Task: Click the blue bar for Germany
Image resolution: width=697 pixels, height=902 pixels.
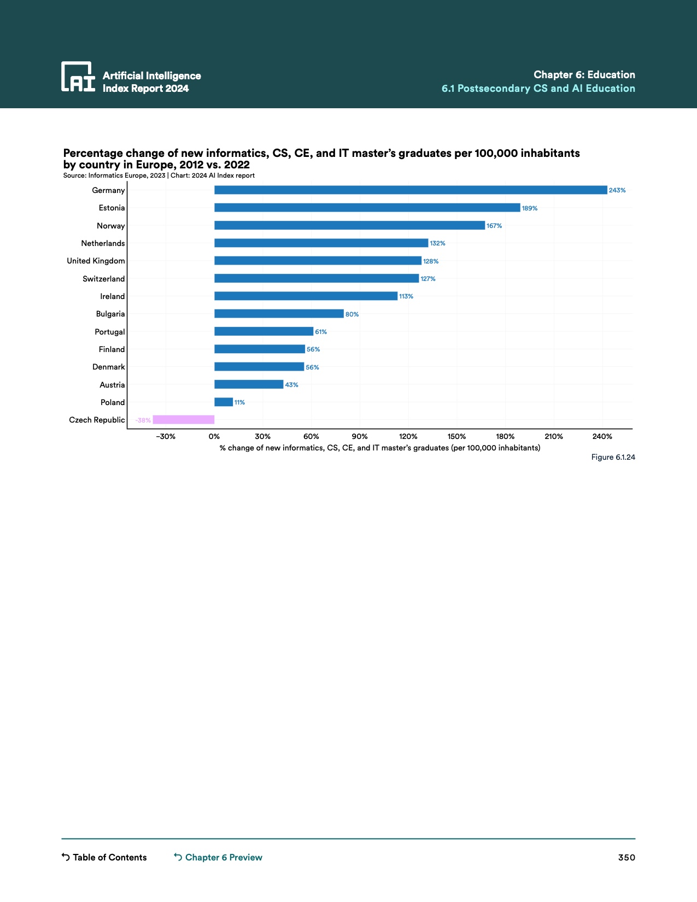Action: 411,190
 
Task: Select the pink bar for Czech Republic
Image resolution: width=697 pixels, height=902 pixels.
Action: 184,420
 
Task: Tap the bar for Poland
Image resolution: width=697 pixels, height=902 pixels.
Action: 224,402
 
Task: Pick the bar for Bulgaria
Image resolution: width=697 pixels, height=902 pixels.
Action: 279,314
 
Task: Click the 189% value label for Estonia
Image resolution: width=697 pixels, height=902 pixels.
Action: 530,208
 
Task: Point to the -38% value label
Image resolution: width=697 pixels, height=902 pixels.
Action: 143,420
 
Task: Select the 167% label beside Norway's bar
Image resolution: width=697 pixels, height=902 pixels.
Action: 494,226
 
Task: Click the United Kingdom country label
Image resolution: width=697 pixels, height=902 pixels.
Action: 96,261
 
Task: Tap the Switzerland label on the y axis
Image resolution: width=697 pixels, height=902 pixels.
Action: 104,279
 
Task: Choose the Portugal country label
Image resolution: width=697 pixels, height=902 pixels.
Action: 110,332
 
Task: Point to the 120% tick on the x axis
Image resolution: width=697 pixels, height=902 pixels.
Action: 408,436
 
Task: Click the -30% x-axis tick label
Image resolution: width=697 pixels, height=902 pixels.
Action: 166,436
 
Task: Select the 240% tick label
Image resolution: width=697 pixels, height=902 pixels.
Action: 602,436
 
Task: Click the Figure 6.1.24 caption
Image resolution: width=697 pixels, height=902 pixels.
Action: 613,457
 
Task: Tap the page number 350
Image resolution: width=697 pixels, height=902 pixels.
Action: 626,857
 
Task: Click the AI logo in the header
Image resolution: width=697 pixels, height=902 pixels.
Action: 78,77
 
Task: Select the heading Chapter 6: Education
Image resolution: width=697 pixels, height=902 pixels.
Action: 584,75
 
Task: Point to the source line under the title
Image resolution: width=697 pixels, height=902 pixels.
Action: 159,175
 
